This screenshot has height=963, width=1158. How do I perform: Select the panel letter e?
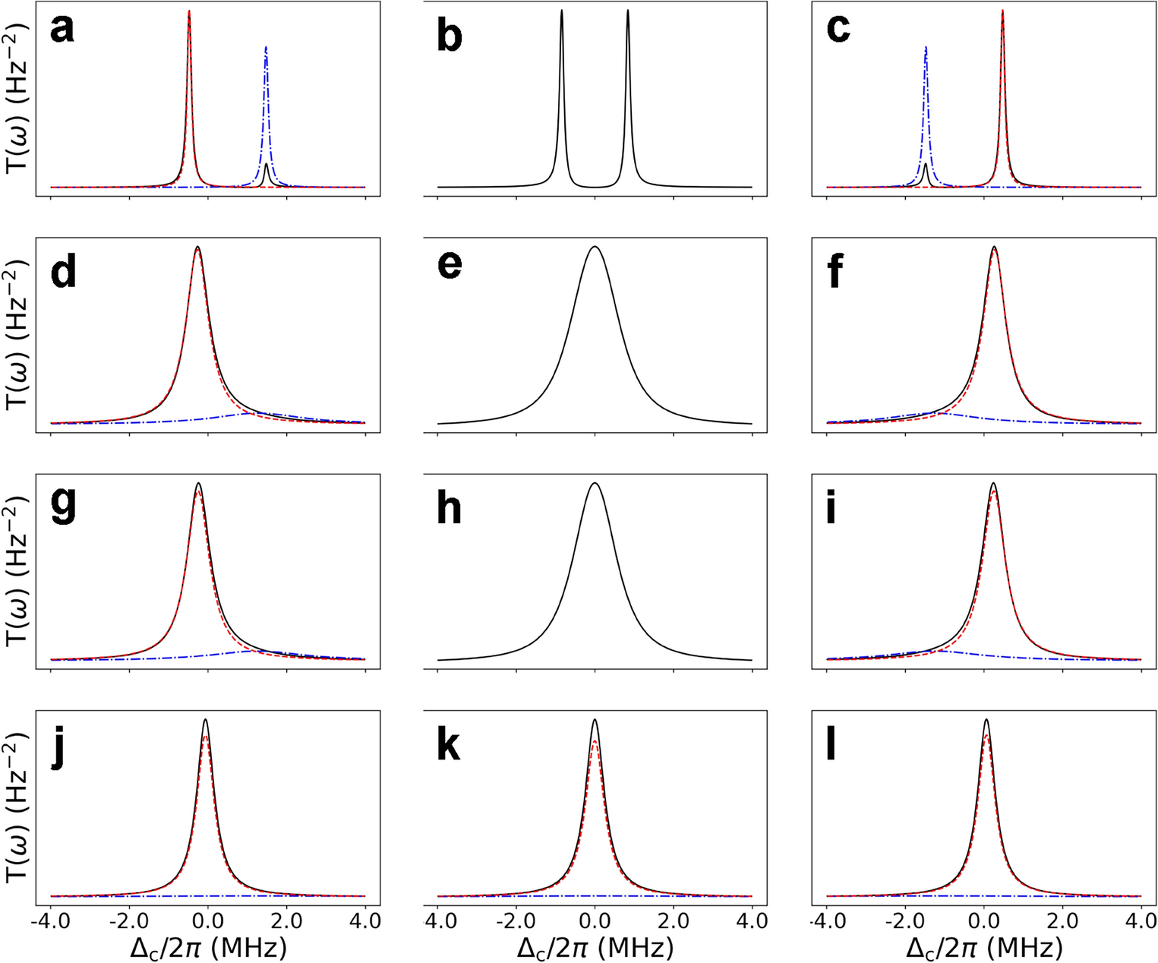click(450, 265)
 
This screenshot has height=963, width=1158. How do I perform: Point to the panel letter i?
click(831, 508)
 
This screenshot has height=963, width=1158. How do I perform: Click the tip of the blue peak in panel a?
click(266, 47)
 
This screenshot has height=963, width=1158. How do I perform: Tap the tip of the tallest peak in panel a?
click(189, 11)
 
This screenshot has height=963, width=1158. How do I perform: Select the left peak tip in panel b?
click(561, 10)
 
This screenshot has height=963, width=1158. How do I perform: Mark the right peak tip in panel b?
click(628, 10)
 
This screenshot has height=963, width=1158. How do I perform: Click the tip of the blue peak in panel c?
click(926, 47)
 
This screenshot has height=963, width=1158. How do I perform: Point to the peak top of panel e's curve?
click(595, 246)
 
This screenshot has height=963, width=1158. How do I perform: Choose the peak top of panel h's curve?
click(595, 483)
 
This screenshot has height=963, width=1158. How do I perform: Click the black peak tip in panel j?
click(205, 719)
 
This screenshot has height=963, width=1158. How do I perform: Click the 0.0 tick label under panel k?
click(595, 921)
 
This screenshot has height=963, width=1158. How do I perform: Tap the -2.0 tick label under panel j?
click(127, 921)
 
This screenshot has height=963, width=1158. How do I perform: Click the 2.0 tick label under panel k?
click(674, 921)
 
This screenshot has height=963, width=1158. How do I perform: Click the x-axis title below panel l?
click(984, 947)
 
